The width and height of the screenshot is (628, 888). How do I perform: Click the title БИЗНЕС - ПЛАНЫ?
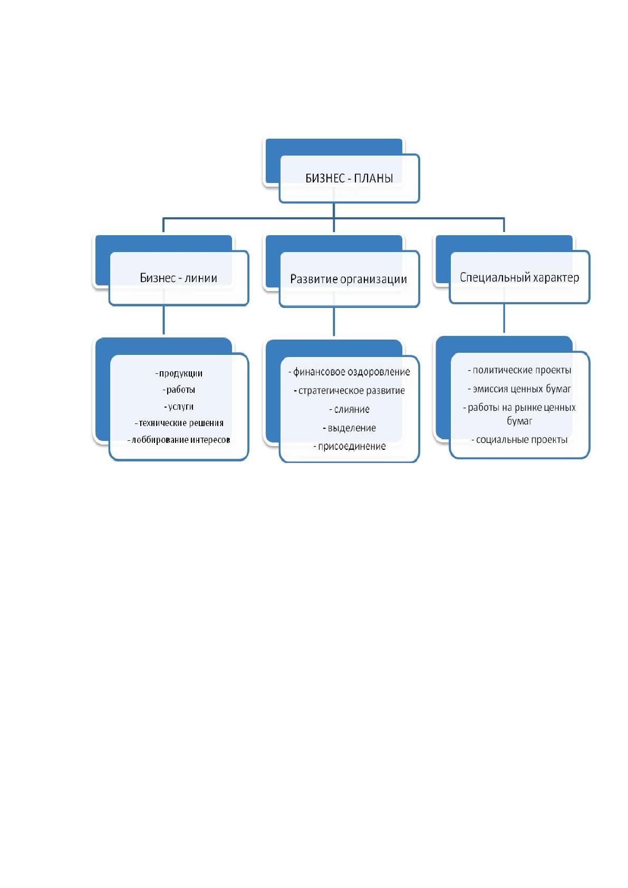pyautogui.click(x=349, y=178)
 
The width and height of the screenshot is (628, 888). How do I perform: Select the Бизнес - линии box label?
pyautogui.click(x=178, y=277)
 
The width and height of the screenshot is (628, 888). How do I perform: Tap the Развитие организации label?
pyautogui.click(x=349, y=279)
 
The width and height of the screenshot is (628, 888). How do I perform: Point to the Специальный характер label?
pyautogui.click(x=519, y=277)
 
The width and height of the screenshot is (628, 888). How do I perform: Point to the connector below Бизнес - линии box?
pyautogui.click(x=164, y=320)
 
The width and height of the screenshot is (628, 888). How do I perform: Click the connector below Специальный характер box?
pyautogui.click(x=504, y=318)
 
